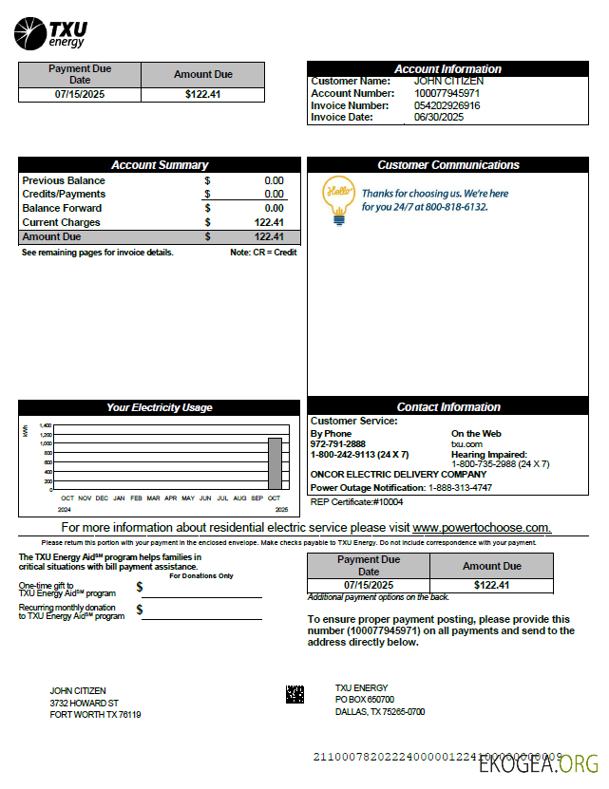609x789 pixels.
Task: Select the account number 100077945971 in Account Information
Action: [447, 93]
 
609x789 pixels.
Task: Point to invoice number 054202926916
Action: [447, 105]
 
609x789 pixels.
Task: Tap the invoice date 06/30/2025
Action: [438, 118]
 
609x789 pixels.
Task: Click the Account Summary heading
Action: [160, 165]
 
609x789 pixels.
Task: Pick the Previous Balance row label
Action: [64, 180]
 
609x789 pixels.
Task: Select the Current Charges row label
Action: [61, 222]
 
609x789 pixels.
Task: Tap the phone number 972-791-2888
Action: [337, 444]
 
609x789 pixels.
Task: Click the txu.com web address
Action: [466, 444]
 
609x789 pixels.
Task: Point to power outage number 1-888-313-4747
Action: [460, 487]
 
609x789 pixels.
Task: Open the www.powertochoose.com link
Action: [481, 528]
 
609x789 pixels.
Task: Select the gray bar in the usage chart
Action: [275, 463]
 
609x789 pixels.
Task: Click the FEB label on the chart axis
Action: [136, 498]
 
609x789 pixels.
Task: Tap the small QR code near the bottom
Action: [295, 694]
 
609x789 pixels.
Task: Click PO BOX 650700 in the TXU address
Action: [364, 700]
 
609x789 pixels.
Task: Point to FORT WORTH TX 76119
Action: [95, 715]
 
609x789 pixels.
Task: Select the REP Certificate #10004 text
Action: [357, 501]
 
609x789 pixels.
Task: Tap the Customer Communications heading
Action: [447, 165]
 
